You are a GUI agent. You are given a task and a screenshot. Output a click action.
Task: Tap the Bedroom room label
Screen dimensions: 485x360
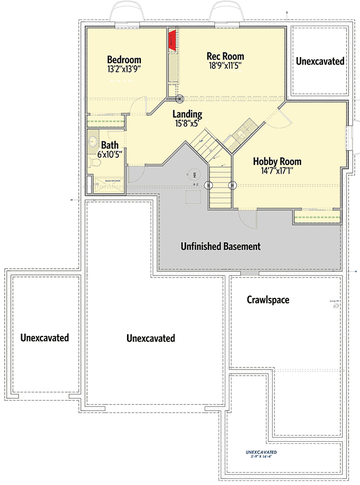tap(124, 60)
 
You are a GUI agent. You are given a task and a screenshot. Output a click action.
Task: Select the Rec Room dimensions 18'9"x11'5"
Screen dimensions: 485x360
tap(225, 66)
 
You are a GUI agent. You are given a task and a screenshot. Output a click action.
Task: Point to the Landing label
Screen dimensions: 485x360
tap(187, 114)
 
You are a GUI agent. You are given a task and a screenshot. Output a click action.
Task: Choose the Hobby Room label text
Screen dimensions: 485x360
tap(277, 161)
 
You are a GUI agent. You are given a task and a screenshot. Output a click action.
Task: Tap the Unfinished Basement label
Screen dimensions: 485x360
tap(221, 247)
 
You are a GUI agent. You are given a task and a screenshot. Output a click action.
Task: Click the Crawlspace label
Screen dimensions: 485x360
tap(268, 300)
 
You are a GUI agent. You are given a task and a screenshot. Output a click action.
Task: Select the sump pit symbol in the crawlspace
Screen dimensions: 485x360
tap(336, 306)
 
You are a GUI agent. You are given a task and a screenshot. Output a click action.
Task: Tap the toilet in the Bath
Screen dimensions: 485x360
tap(94, 163)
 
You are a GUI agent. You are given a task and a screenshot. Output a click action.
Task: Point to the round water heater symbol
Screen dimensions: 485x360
tap(194, 175)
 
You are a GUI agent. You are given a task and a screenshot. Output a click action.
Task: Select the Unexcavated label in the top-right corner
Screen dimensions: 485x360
tap(320, 61)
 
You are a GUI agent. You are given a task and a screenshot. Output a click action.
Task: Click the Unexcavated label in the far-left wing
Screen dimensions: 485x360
tap(45, 338)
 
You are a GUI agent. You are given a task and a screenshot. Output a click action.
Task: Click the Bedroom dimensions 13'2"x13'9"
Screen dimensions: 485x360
tap(124, 69)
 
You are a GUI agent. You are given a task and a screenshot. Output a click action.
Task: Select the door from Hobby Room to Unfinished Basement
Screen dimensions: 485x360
tap(248, 220)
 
